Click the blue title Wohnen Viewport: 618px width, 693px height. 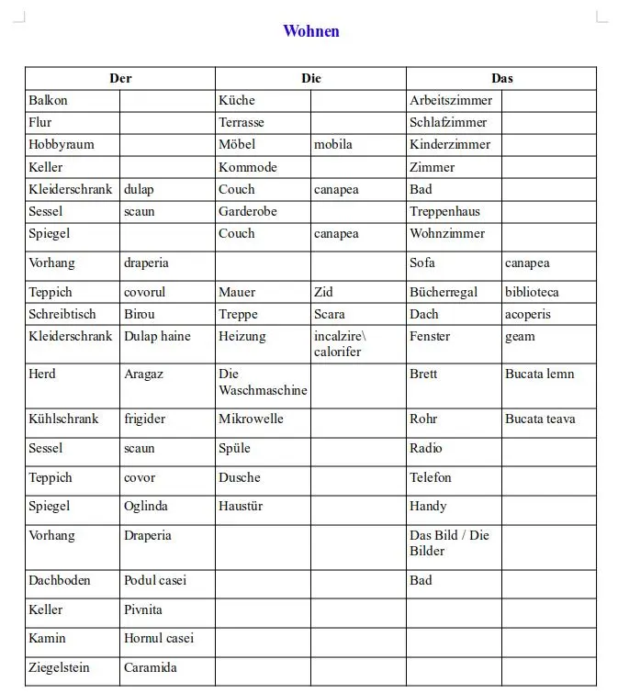[x=311, y=31]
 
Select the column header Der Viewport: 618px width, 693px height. [x=120, y=78]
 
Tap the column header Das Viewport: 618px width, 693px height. [x=501, y=78]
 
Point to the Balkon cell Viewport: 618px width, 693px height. [x=48, y=100]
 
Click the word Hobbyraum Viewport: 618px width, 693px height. [x=62, y=144]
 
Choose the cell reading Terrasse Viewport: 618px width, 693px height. [x=242, y=122]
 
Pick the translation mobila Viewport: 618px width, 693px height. [x=333, y=144]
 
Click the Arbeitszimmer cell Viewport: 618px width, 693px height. [x=451, y=100]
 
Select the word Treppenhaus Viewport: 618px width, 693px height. [x=444, y=211]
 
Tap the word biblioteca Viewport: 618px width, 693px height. [x=532, y=292]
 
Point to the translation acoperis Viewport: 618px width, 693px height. [x=528, y=314]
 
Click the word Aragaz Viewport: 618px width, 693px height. [x=144, y=374]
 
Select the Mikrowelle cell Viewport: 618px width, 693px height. [x=251, y=419]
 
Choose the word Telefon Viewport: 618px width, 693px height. [x=431, y=477]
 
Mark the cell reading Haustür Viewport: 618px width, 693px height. [x=241, y=506]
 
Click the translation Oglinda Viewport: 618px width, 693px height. [x=146, y=506]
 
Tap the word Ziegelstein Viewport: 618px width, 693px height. [x=60, y=667]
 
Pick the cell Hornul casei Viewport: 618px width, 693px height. [x=159, y=638]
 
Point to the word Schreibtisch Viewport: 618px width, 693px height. [x=62, y=314]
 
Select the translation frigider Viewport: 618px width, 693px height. [x=145, y=419]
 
